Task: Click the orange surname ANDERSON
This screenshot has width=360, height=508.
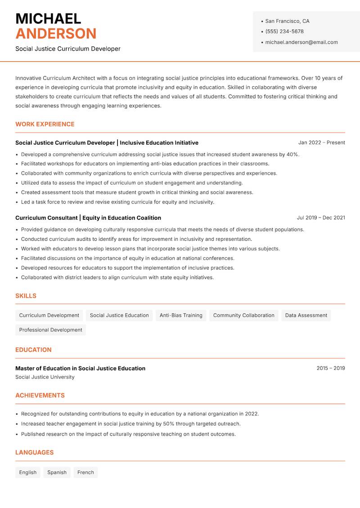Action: tap(56, 34)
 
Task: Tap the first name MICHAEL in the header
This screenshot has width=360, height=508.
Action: tap(48, 19)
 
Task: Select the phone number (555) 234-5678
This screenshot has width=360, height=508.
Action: tap(284, 31)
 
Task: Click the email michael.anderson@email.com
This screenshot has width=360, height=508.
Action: tap(301, 42)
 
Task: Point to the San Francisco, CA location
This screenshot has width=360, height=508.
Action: tap(287, 21)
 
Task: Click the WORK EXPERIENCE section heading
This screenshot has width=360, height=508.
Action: tap(45, 125)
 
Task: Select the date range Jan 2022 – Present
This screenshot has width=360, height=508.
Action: tap(321, 143)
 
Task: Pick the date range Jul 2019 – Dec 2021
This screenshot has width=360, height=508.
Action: tap(321, 218)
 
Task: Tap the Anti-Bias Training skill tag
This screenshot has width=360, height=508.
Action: tap(181, 316)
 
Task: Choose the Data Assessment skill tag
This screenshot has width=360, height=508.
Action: tap(306, 316)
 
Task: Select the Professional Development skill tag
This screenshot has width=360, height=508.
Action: tap(50, 330)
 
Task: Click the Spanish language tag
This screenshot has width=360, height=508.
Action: tap(57, 472)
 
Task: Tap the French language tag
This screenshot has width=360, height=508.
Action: tap(85, 472)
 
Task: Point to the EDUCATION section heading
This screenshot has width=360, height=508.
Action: tap(33, 350)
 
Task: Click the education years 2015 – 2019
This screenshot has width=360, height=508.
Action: tap(330, 368)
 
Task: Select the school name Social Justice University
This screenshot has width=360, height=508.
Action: tap(45, 377)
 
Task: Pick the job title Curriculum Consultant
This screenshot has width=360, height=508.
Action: tap(46, 218)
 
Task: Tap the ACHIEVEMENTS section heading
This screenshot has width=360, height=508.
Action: tap(40, 396)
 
